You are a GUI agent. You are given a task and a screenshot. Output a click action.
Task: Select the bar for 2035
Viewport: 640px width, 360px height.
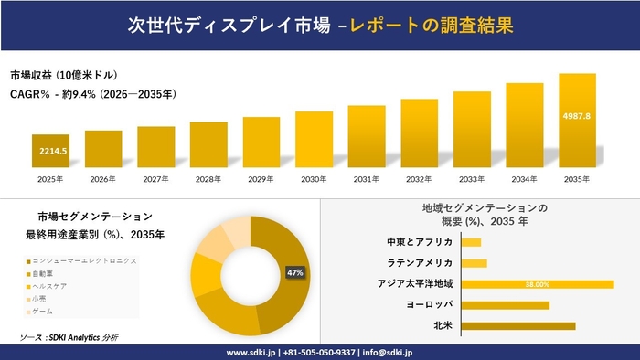pos(577,119)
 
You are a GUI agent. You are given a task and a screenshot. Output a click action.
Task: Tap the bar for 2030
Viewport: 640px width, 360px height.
pos(314,138)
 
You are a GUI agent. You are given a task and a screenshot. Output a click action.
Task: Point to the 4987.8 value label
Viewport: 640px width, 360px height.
pos(577,116)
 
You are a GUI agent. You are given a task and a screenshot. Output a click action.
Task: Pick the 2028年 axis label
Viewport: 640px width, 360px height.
pos(208,179)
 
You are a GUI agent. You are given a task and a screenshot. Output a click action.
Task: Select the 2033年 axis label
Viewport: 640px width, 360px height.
pos(472,179)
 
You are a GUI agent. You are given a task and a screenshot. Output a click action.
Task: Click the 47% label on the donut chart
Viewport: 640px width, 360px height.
pos(295,273)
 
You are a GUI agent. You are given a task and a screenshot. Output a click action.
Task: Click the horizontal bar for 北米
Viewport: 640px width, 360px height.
pos(518,325)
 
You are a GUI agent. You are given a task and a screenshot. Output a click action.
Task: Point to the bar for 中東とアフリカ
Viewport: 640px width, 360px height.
pos(472,242)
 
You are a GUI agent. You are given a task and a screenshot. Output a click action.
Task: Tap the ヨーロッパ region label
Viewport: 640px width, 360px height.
pos(430,304)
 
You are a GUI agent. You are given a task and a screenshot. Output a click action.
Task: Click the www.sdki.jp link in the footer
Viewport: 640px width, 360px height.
pos(251,352)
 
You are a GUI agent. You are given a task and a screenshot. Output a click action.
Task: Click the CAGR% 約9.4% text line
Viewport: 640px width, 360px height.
pos(92,93)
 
